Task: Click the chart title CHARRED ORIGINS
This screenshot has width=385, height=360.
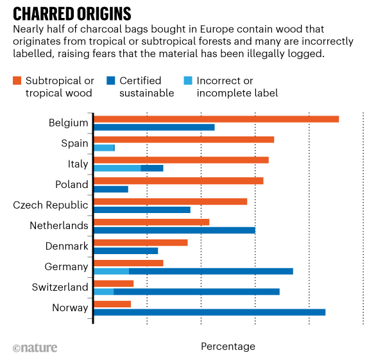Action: [73, 13]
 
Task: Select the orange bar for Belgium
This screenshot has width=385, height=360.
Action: [216, 119]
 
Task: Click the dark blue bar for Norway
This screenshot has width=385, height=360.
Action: [209, 312]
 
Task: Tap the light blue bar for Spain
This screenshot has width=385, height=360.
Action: [103, 148]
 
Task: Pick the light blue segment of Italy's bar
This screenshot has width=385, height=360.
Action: [117, 168]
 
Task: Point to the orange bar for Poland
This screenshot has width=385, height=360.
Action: [178, 180]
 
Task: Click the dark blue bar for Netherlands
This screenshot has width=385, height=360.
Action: [174, 230]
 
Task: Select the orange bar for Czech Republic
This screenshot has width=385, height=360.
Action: [170, 201]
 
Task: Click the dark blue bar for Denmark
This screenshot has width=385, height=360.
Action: [126, 250]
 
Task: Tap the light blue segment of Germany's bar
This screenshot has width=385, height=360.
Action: [111, 271]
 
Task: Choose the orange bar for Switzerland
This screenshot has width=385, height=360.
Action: [114, 283]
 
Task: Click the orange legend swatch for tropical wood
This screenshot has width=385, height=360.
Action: [17, 81]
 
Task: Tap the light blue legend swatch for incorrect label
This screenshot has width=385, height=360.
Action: [191, 81]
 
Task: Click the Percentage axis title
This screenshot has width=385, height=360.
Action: [228, 347]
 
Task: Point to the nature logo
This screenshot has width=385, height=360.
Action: [35, 347]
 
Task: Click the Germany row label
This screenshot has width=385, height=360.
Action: [66, 266]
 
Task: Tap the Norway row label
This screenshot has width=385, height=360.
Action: [70, 307]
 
